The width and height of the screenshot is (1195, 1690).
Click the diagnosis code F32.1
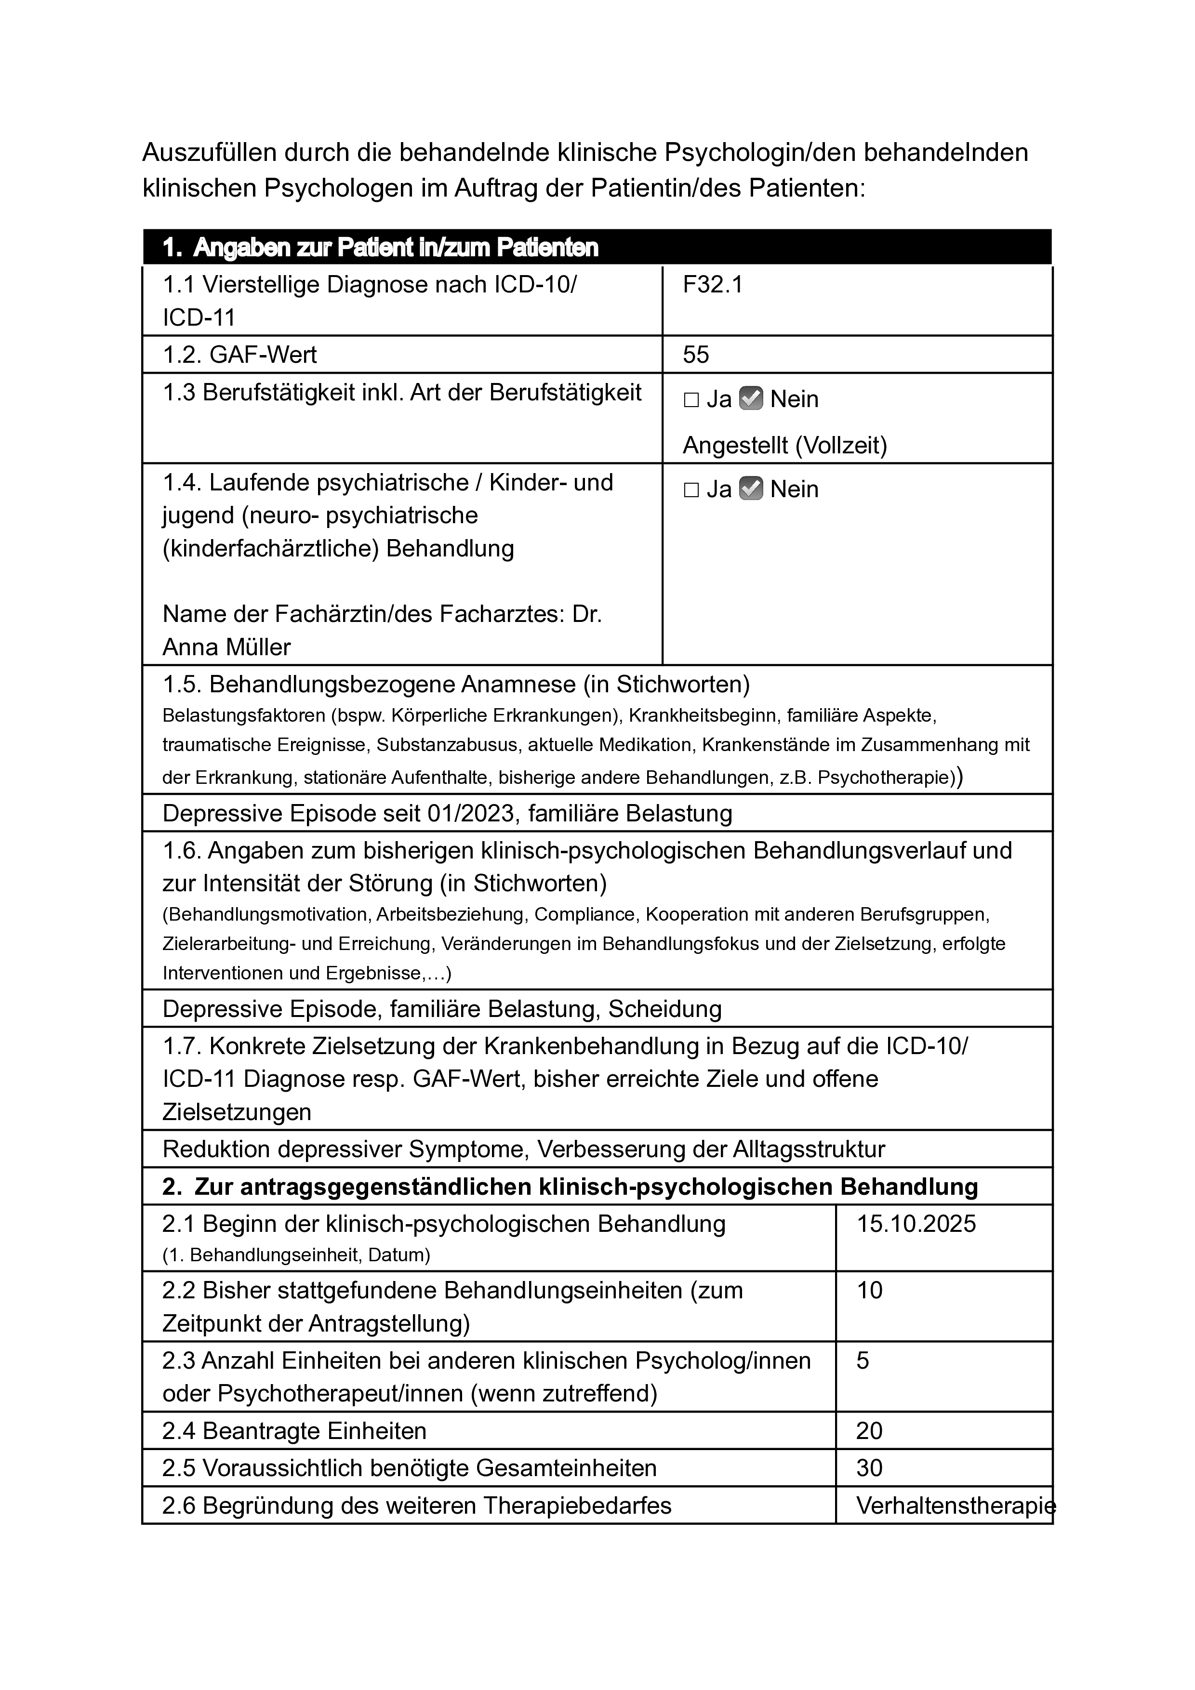point(713,285)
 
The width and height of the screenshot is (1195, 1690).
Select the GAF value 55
point(696,355)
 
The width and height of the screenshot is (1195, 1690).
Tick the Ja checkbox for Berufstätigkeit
point(691,400)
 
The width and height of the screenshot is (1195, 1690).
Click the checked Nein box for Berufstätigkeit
point(750,398)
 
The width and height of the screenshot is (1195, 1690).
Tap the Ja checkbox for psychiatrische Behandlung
point(691,490)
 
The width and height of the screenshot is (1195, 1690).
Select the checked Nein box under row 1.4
point(750,489)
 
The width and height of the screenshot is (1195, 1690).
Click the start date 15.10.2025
point(916,1224)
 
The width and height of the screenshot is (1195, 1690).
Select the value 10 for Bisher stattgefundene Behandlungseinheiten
point(870,1290)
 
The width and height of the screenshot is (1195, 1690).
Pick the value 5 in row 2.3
point(863,1360)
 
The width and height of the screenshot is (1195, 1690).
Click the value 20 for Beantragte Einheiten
point(870,1431)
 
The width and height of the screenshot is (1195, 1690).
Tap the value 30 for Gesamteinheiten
point(870,1468)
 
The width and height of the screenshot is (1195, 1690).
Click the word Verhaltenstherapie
point(955,1506)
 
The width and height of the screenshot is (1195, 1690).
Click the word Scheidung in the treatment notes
point(665,1008)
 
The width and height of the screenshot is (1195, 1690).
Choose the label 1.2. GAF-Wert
point(239,355)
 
